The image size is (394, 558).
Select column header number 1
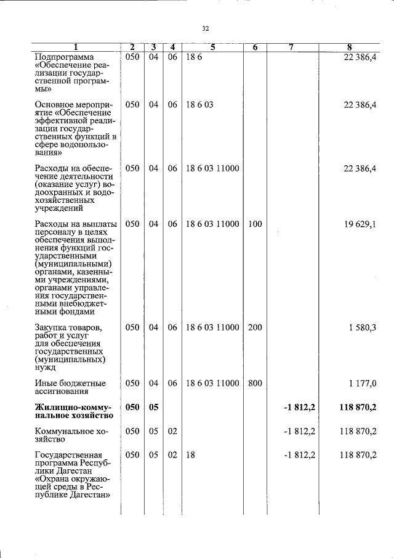click(76, 47)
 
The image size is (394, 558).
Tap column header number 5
click(212, 47)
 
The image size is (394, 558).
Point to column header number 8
click(349, 47)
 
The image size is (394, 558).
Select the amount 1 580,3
click(362, 328)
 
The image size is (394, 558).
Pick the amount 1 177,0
click(362, 384)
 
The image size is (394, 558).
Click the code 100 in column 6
click(255, 224)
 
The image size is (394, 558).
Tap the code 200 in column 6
click(255, 328)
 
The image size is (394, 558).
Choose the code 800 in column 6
click(255, 384)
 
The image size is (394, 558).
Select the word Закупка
click(51, 328)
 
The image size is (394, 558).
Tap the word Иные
click(46, 384)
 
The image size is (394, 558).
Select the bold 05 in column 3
click(153, 408)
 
